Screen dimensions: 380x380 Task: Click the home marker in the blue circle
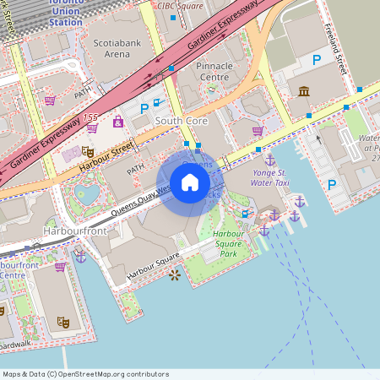tap(189, 182)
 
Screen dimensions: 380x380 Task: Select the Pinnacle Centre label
tap(214, 72)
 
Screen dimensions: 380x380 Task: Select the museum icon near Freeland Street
tap(303, 91)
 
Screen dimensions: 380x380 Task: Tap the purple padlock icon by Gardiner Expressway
tap(117, 121)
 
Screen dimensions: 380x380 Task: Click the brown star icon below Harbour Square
tap(175, 275)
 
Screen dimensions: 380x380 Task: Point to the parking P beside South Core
tap(144, 108)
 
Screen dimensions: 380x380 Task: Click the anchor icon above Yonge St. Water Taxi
tap(269, 160)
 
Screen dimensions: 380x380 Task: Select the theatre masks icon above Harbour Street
tap(88, 151)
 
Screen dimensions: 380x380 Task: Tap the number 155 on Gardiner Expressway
tap(90, 117)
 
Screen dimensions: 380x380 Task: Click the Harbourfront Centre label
tap(19, 270)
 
